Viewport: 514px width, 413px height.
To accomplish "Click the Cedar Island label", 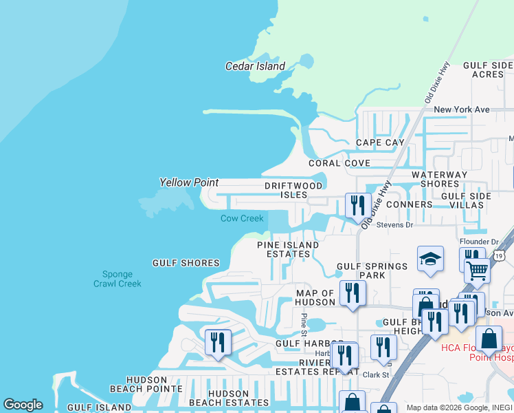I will pos(255,67).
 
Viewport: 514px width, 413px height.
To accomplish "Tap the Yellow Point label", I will pos(189,182).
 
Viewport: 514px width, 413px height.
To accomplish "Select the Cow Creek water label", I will pos(242,219).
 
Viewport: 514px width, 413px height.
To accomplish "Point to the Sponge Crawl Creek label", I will pos(118,278).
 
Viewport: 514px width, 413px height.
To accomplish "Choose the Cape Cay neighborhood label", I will pos(380,143).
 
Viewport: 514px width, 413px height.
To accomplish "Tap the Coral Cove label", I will pos(339,163).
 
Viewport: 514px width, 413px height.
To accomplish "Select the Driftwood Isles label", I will pos(293,191).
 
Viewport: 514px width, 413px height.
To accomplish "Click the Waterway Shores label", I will pos(439,180).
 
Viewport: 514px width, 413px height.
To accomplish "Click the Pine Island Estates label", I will pos(288,249).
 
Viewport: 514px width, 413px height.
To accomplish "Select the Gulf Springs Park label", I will pos(361,271).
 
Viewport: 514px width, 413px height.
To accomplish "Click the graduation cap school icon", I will pos(430,259).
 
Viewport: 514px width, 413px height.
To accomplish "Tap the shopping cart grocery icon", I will pos(477,272).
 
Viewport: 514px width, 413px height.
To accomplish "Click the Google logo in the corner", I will pos(23,405).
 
